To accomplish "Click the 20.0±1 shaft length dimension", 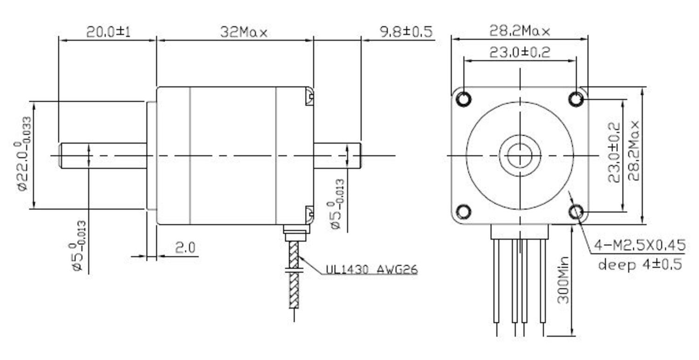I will click(108, 32).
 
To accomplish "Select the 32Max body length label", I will click(243, 32).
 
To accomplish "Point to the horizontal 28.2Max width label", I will click(519, 31).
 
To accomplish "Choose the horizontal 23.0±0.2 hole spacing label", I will click(519, 52).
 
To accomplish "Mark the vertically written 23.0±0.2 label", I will click(614, 152).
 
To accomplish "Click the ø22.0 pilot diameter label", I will click(23, 154).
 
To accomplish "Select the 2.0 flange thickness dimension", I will click(185, 248).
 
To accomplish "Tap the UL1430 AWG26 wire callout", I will click(371, 269).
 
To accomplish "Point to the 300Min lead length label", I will click(563, 280).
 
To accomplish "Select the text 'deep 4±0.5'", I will click(640, 264).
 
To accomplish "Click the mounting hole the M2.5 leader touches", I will click(576, 212).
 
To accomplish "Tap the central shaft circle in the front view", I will click(519, 155).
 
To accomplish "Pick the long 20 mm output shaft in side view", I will click(103, 155).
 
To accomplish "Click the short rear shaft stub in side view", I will click(336, 155).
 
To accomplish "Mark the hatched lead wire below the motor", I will click(294, 275).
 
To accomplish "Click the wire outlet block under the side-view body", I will click(295, 232).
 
